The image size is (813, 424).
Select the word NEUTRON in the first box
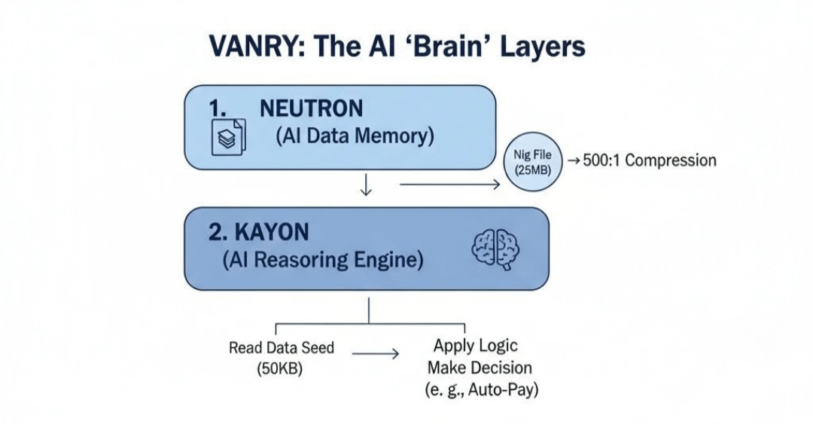tap(311, 108)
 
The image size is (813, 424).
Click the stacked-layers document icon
tap(229, 136)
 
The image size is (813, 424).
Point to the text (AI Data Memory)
tap(355, 136)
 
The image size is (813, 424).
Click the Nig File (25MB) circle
tap(533, 161)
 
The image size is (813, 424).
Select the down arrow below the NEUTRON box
tap(366, 185)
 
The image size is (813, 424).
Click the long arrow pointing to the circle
tap(450, 184)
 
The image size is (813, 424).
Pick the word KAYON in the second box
tap(272, 232)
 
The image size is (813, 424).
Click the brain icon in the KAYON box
tap(495, 249)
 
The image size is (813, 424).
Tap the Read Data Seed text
tap(282, 347)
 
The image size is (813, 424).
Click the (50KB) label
tap(280, 369)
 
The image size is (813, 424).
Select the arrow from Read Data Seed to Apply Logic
tap(376, 354)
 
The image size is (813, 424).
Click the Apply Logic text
tap(476, 346)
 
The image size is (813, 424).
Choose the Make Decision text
tap(480, 368)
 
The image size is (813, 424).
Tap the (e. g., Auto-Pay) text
tap(482, 389)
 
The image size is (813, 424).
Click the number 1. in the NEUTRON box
tap(218, 108)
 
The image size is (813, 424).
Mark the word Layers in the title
tap(543, 47)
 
